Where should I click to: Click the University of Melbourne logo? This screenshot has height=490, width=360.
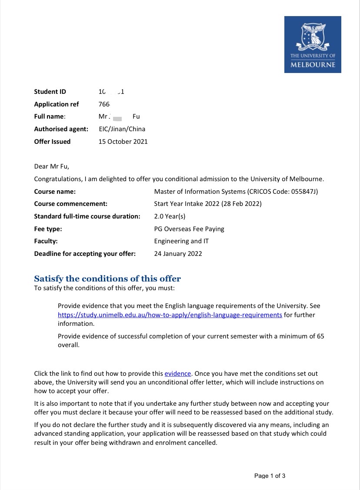pyautogui.click(x=313, y=44)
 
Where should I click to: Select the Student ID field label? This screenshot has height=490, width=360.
pyautogui.click(x=50, y=92)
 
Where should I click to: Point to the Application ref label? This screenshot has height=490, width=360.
pyautogui.click(x=57, y=104)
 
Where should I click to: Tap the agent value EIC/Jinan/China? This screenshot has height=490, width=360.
pyautogui.click(x=122, y=129)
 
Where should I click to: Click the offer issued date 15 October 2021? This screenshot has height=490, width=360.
pyautogui.click(x=123, y=142)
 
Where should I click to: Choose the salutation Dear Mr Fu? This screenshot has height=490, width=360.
pyautogui.click(x=52, y=166)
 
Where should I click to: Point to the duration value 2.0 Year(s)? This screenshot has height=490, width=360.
pyautogui.click(x=170, y=216)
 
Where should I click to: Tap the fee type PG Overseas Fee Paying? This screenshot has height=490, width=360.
pyautogui.click(x=189, y=229)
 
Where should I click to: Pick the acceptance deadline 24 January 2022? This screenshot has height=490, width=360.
pyautogui.click(x=178, y=254)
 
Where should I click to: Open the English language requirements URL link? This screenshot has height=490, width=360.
pyautogui.click(x=170, y=315)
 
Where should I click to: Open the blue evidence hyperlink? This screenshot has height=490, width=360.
pyautogui.click(x=178, y=374)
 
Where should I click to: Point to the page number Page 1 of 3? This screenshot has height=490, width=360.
pyautogui.click(x=270, y=476)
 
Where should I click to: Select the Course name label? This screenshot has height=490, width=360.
pyautogui.click(x=55, y=192)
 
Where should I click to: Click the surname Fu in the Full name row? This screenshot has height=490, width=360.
pyautogui.click(x=136, y=116)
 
